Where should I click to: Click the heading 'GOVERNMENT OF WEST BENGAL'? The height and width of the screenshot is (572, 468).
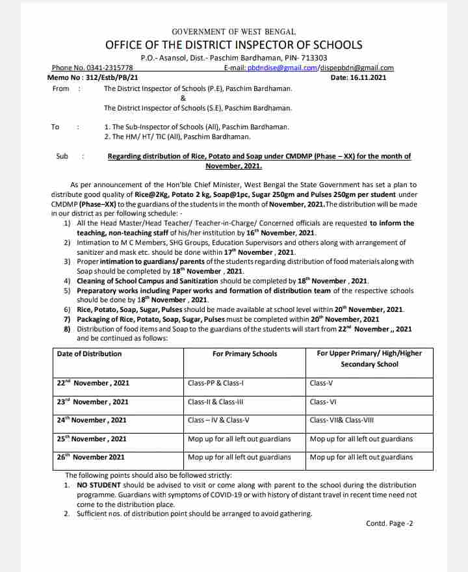[x=233, y=31]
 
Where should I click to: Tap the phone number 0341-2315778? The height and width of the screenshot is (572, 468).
[x=110, y=68]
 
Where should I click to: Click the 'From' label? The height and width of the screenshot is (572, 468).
[x=60, y=88]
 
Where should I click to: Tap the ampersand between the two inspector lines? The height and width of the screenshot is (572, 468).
[x=183, y=98]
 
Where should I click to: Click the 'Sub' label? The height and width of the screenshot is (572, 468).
[x=62, y=156]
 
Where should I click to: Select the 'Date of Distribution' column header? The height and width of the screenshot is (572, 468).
[x=89, y=354]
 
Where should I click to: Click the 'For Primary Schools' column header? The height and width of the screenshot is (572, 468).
[x=244, y=354]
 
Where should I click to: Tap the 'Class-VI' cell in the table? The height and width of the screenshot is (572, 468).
[x=323, y=402]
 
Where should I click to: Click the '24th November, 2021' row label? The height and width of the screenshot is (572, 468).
[x=92, y=420]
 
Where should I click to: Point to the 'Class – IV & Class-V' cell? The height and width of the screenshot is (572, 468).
[x=218, y=420]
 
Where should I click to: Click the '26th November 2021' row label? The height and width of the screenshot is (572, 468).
[x=90, y=457]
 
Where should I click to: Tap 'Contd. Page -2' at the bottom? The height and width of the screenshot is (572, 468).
[x=389, y=523]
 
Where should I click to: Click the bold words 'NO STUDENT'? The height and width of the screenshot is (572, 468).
[x=99, y=485]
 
